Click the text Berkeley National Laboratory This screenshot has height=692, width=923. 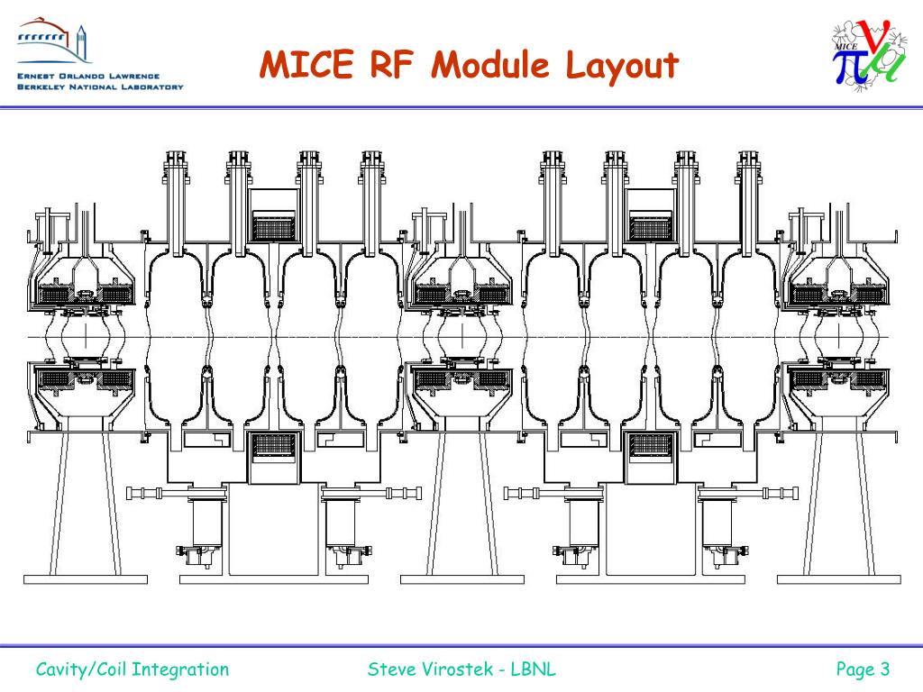99,87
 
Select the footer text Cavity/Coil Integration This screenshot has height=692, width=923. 133,669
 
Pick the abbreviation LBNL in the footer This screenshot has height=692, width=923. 534,669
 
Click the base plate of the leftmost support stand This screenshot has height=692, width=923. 86,578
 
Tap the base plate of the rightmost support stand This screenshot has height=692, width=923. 838,578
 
